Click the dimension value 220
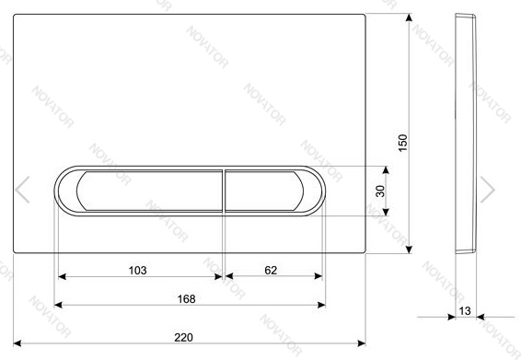click(x=183, y=337)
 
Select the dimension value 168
click(x=187, y=299)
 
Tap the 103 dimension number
click(x=137, y=271)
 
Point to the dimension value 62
click(x=271, y=271)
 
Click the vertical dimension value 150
click(x=402, y=143)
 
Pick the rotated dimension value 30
click(x=380, y=192)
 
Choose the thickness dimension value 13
click(x=465, y=311)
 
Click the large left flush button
click(x=149, y=191)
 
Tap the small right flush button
click(x=264, y=191)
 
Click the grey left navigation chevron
click(x=22, y=190)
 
